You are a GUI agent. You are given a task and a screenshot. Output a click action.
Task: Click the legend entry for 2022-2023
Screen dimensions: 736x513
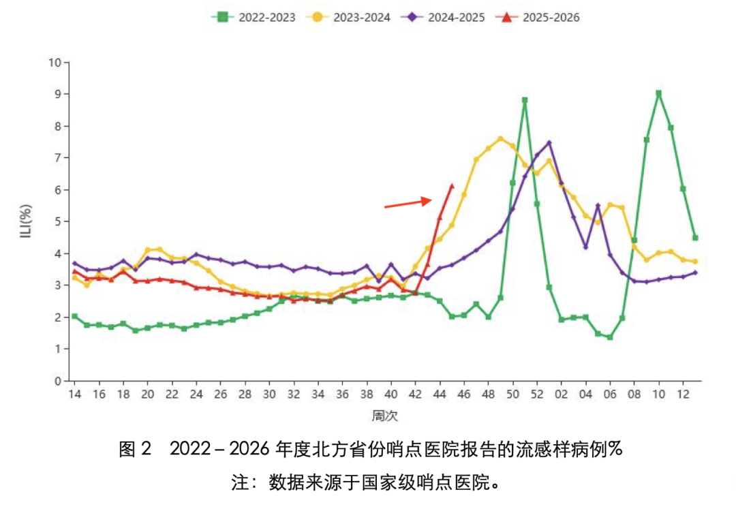pyautogui.click(x=254, y=17)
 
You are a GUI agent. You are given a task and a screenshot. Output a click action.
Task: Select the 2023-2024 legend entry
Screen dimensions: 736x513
pyautogui.click(x=348, y=17)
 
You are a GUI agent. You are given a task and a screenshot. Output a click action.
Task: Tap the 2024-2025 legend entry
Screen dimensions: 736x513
pyautogui.click(x=443, y=17)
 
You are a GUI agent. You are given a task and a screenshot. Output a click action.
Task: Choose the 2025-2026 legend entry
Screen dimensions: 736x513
pyautogui.click(x=538, y=17)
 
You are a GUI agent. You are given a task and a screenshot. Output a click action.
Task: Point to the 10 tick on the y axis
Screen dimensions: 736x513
pyautogui.click(x=55, y=63)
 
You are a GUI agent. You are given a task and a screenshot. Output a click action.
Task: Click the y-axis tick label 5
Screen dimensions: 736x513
pyautogui.click(x=58, y=221)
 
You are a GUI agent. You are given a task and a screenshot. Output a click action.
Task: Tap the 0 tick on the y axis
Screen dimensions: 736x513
pyautogui.click(x=58, y=381)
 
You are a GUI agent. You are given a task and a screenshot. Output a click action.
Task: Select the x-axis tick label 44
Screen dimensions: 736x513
pyautogui.click(x=440, y=394)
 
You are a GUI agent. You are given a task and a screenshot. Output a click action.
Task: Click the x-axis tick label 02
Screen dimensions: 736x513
pyautogui.click(x=561, y=394)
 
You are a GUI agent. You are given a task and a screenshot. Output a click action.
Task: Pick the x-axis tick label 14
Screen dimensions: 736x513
pyautogui.click(x=75, y=394)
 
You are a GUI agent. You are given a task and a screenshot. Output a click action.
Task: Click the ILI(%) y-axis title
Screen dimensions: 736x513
pyautogui.click(x=27, y=221)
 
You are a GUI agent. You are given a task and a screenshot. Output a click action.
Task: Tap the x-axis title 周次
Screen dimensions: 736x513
pyautogui.click(x=385, y=416)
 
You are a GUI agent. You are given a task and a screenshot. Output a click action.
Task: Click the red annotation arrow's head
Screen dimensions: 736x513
pyautogui.click(x=427, y=200)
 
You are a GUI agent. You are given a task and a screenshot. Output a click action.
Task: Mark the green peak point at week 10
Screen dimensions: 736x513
pyautogui.click(x=658, y=93)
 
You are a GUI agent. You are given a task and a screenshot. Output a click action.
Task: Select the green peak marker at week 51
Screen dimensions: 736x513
pyautogui.click(x=524, y=100)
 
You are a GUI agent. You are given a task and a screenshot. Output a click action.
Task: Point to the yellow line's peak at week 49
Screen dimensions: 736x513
pyautogui.click(x=500, y=139)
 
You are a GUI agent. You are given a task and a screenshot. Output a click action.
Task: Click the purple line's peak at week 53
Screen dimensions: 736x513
pyautogui.click(x=549, y=142)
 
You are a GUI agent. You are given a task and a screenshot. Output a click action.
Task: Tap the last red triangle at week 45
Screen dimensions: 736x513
pyautogui.click(x=452, y=187)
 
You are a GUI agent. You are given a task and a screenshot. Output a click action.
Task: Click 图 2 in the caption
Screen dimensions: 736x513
pyautogui.click(x=135, y=449)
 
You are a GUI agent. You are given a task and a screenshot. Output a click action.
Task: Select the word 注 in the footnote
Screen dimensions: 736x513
pyautogui.click(x=240, y=482)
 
